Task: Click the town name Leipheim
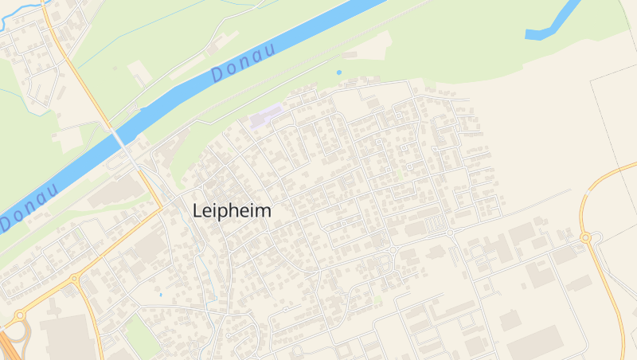232,211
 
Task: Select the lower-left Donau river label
30,206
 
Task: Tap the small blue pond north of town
338,72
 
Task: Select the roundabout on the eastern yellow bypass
586,237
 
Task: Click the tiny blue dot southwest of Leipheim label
160,295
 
